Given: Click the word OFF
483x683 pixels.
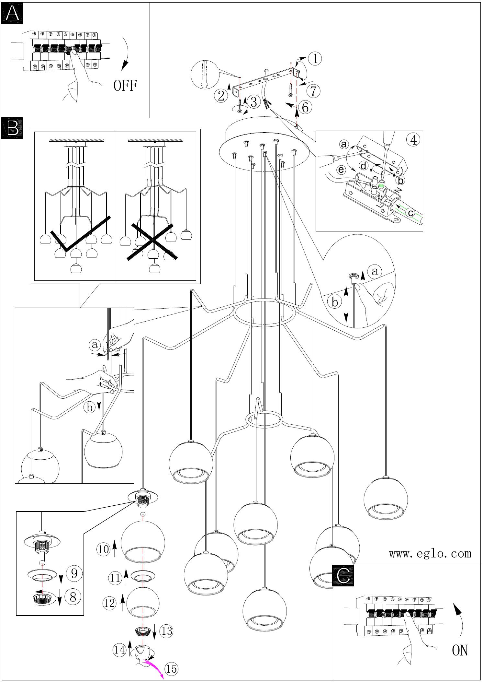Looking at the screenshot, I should (x=125, y=86).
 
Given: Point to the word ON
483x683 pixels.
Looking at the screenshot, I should (x=460, y=650).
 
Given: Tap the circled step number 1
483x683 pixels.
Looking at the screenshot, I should (x=314, y=58).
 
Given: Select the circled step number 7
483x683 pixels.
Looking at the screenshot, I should (x=313, y=91).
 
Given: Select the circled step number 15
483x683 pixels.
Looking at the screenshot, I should (x=172, y=668).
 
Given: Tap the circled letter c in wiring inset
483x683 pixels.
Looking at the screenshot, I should (x=410, y=213).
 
